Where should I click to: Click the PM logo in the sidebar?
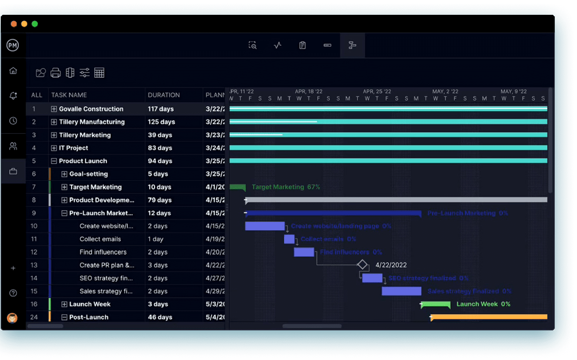coord(13,45)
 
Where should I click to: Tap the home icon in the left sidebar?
coord(13,71)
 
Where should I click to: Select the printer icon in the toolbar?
coord(56,73)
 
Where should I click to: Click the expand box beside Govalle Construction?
coord(54,109)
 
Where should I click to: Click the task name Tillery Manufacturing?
coord(91,122)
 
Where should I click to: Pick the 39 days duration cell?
coord(160,135)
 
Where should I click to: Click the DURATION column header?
coord(164,95)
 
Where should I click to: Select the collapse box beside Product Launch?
coord(54,161)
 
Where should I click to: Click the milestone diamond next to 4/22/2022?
coord(362,264)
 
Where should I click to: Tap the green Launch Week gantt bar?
coord(436,304)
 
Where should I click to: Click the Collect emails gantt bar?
coord(289,239)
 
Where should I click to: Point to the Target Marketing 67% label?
coord(286,187)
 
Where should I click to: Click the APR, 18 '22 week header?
coord(308,91)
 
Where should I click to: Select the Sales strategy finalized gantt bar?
coord(401,291)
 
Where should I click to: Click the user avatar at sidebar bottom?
coord(12,318)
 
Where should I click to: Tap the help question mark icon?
coord(13,293)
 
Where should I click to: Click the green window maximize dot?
coord(35,24)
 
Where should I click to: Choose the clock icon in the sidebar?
coord(13,121)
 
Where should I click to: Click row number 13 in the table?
coord(34,265)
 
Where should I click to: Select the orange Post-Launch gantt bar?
coord(489,317)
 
